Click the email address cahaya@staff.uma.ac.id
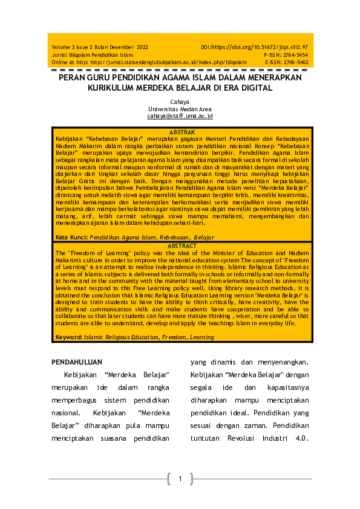point(180,115)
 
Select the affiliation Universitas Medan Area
point(180,109)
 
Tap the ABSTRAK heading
point(182,131)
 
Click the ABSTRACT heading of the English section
point(182,246)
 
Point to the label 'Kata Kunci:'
point(70,238)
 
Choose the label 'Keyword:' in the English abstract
point(69,336)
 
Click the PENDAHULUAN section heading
point(76,363)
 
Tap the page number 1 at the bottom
point(180,479)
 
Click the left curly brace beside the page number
point(168,479)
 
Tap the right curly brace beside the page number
point(192,479)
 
